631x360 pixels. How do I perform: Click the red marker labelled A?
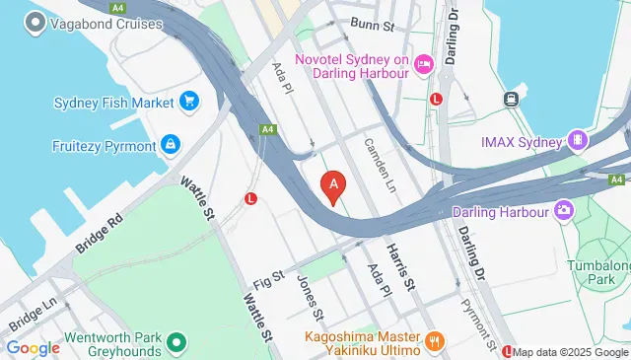pyautogui.click(x=334, y=184)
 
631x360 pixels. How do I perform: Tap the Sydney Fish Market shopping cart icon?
pyautogui.click(x=189, y=101)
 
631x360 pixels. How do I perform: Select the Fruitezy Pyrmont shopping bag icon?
pyautogui.click(x=172, y=145)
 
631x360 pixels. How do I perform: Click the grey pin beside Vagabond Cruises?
pyautogui.click(x=36, y=22)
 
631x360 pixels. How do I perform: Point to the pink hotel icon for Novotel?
pyautogui.click(x=423, y=63)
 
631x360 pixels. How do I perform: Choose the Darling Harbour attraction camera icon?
pyautogui.click(x=563, y=209)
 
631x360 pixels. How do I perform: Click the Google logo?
pyautogui.click(x=33, y=347)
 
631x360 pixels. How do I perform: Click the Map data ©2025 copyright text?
pyautogui.click(x=570, y=352)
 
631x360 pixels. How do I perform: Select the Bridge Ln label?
pyautogui.click(x=33, y=318)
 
